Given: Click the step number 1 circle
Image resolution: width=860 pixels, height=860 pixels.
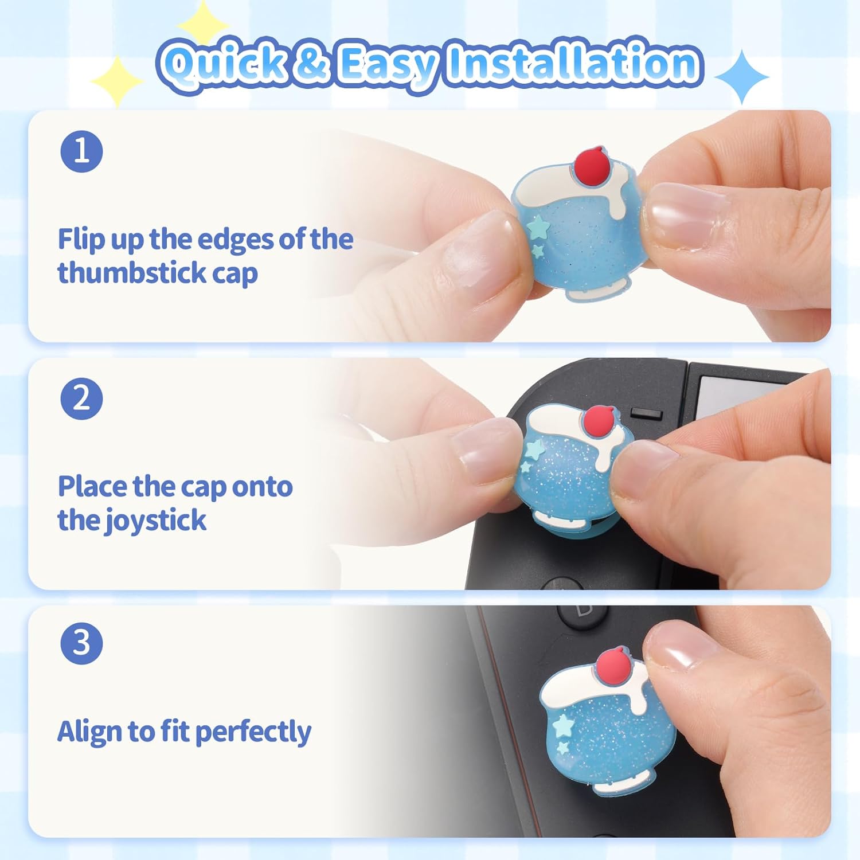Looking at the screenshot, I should coord(81,151).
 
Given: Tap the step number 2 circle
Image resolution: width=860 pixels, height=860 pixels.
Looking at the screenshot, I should coord(81,398).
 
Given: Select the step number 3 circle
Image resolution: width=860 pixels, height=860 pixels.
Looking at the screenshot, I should coord(81,643).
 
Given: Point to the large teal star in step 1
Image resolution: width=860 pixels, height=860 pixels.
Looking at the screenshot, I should coord(539,228).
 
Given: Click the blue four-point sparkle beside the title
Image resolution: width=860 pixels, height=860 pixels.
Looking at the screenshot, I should coord(742,77).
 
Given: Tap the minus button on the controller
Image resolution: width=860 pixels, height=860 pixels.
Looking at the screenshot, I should coord(646,413).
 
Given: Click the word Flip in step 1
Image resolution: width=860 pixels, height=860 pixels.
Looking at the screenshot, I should coord(80,239).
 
